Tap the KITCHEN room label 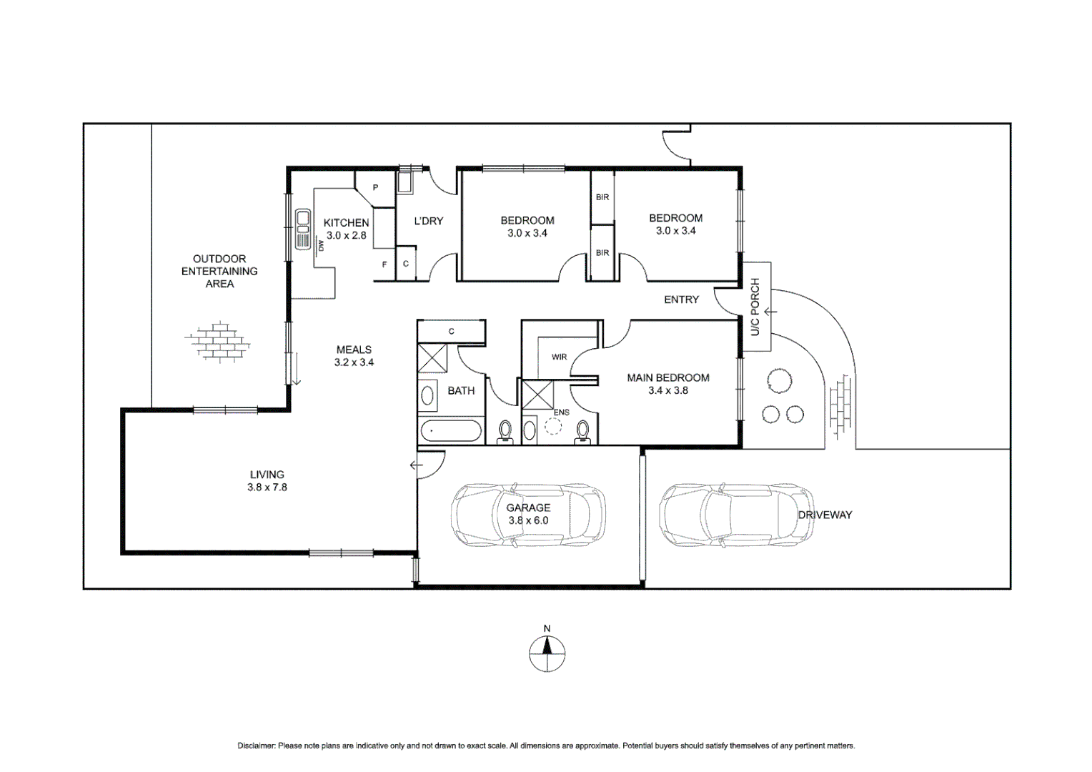point(346,223)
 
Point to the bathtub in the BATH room point(451,432)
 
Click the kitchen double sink point(303,229)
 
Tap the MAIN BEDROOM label point(667,378)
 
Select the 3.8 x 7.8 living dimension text point(267,488)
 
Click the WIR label point(559,357)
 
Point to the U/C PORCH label point(756,307)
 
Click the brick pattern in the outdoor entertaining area point(218,341)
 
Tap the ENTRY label point(681,300)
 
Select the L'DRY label point(429,222)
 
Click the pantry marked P point(375,188)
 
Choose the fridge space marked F point(384,264)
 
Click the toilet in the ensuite point(583,432)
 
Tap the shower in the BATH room point(431,358)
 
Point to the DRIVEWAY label point(825,515)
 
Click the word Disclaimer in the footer point(256,746)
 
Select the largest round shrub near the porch point(778,380)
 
